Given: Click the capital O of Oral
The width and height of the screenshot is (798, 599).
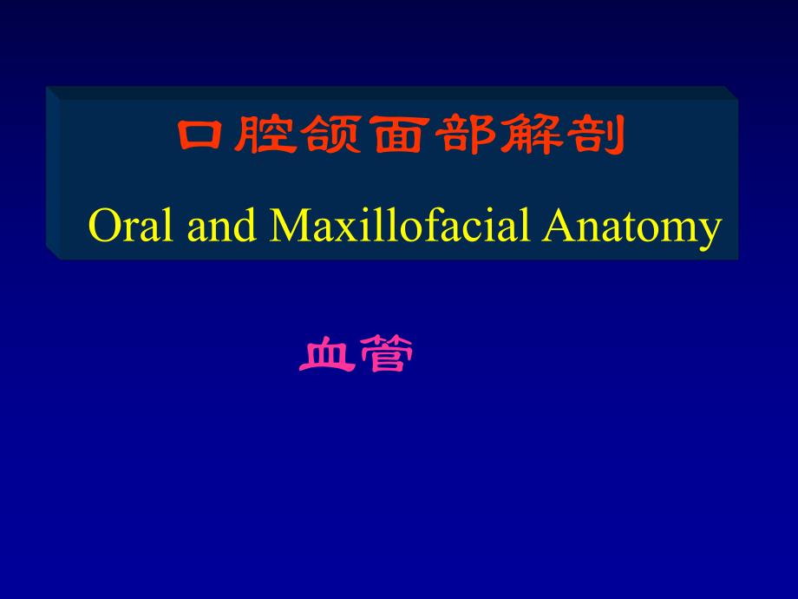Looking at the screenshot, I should [103, 227].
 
